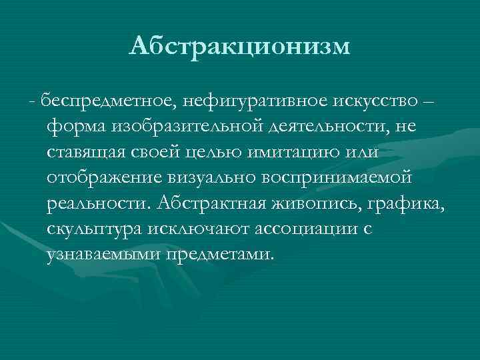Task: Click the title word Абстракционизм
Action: pyautogui.click(x=239, y=46)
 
